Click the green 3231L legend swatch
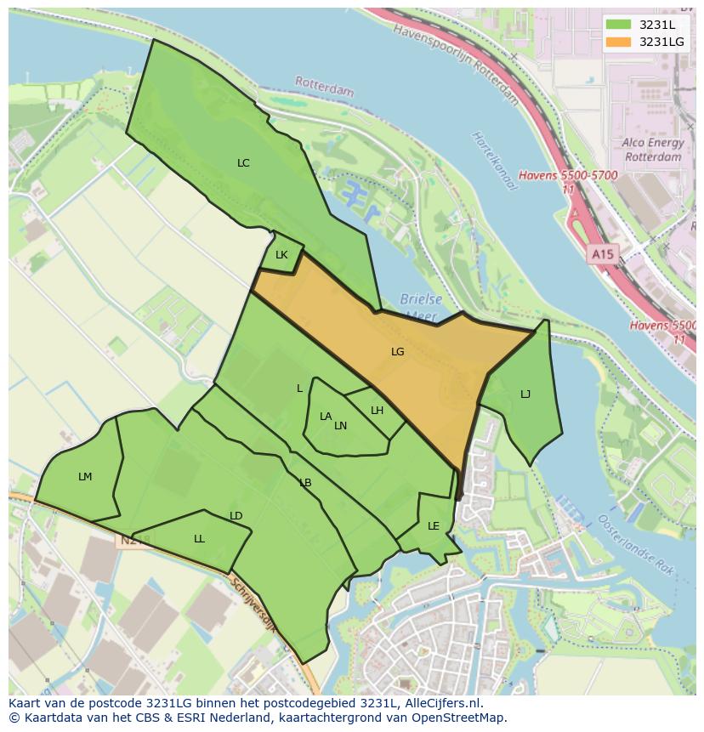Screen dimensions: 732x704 click(x=619, y=25)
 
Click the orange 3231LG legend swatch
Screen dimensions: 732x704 click(x=619, y=42)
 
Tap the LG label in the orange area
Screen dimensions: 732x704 click(x=397, y=351)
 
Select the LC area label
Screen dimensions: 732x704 click(x=243, y=162)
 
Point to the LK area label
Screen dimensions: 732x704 click(x=281, y=255)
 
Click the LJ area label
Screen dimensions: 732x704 click(x=525, y=394)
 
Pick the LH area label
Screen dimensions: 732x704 click(x=377, y=411)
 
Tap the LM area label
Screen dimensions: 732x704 click(x=85, y=477)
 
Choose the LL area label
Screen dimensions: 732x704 click(x=199, y=538)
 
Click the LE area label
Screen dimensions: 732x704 click(x=434, y=526)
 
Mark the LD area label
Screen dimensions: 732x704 click(x=236, y=516)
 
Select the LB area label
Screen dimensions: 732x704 click(x=305, y=483)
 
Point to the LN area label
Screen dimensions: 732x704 click(x=341, y=426)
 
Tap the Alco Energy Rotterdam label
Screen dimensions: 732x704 click(x=652, y=150)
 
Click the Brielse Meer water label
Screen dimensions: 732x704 click(x=421, y=307)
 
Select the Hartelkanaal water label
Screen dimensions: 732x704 click(x=494, y=161)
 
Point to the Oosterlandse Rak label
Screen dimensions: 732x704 click(x=637, y=545)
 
